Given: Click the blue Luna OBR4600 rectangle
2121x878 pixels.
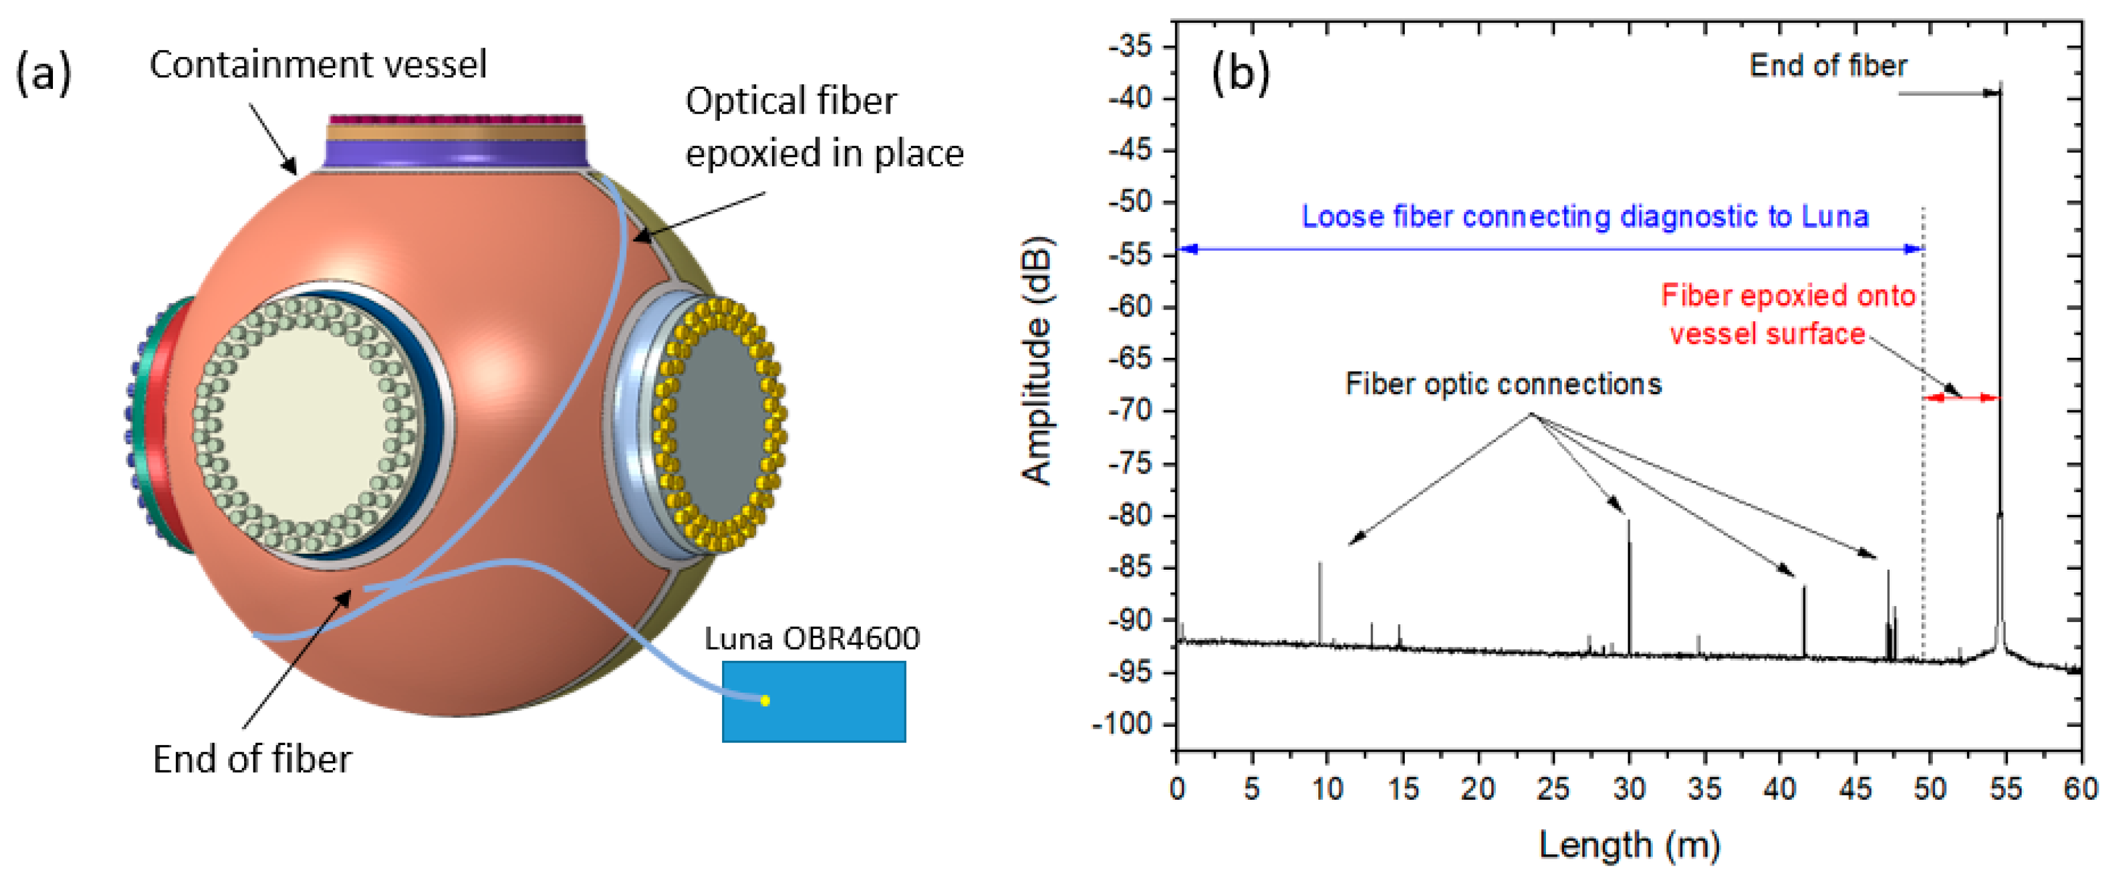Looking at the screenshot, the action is [x=813, y=701].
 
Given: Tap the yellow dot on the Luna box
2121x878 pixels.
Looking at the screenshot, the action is [x=765, y=700].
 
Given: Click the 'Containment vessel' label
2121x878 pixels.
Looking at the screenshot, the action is [x=318, y=64].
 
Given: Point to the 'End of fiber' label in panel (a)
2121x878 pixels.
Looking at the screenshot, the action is [x=252, y=759].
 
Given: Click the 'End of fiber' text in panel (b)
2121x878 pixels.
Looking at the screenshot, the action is [x=1828, y=65].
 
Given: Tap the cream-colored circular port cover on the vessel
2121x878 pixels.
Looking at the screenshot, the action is [x=309, y=423].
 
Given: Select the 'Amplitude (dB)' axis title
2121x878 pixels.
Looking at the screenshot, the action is [x=1037, y=361].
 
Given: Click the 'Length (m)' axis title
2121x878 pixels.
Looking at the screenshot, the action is [x=1629, y=844].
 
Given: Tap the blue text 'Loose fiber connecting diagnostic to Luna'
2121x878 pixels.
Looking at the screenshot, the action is [x=1584, y=216].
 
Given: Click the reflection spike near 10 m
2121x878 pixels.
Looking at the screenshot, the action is [x=1320, y=603].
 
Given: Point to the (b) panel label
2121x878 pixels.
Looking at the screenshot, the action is [x=1241, y=72].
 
